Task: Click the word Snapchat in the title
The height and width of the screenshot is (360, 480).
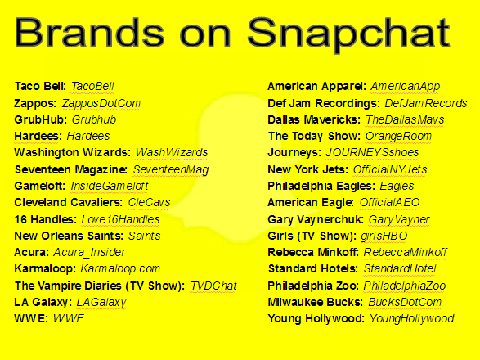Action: (348, 34)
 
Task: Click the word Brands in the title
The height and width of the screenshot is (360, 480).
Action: (89, 32)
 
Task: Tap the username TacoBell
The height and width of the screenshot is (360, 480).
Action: (92, 86)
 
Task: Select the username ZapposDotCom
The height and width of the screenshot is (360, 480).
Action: (101, 104)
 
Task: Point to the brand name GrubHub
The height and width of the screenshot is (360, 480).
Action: (40, 119)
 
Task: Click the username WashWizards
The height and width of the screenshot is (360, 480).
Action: (172, 152)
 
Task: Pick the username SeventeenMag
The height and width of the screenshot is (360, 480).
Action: (171, 169)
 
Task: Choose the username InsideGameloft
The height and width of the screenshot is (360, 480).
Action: (110, 186)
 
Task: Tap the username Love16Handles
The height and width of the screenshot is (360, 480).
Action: (120, 219)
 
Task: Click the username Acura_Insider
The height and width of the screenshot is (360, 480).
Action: (89, 252)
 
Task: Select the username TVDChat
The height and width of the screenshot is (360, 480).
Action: (213, 286)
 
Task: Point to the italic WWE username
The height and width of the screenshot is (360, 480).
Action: (69, 318)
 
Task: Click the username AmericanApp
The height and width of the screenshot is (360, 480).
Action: (406, 87)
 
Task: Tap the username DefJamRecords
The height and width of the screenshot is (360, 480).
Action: (426, 103)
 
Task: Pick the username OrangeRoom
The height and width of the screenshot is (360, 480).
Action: (398, 136)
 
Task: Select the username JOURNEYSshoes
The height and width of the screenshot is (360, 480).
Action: (372, 152)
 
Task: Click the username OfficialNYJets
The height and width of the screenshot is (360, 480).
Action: (390, 169)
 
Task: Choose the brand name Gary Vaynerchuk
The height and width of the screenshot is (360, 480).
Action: (316, 219)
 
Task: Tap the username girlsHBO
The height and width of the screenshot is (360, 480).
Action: (384, 236)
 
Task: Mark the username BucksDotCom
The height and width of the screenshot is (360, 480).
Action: (405, 302)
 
